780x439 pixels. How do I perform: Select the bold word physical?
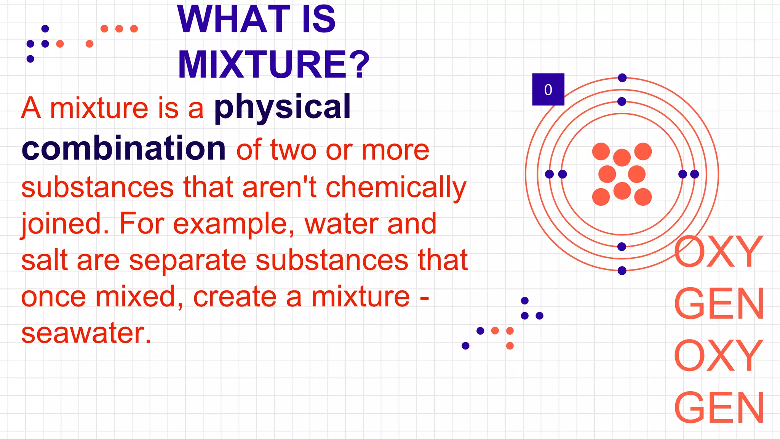click(x=282, y=107)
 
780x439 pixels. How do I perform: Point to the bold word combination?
click(x=124, y=148)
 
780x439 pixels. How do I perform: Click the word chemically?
click(x=396, y=187)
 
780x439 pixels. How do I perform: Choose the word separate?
click(x=188, y=261)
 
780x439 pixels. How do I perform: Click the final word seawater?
click(x=86, y=333)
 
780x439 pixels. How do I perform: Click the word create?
click(x=235, y=297)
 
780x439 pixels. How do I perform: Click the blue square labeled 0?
click(x=548, y=90)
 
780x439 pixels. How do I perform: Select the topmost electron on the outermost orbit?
click(x=622, y=78)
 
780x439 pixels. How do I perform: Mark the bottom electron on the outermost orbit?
click(x=622, y=271)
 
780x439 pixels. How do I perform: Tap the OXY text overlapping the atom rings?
click(x=718, y=252)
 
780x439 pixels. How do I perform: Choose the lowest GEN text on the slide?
click(x=719, y=407)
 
